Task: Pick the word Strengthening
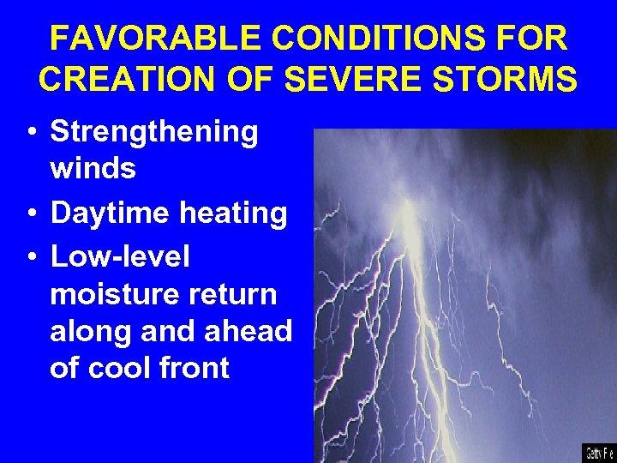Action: (154, 132)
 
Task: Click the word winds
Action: (93, 168)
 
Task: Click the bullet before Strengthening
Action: (30, 133)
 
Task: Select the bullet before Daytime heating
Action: (30, 213)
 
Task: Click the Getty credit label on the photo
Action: (598, 451)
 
